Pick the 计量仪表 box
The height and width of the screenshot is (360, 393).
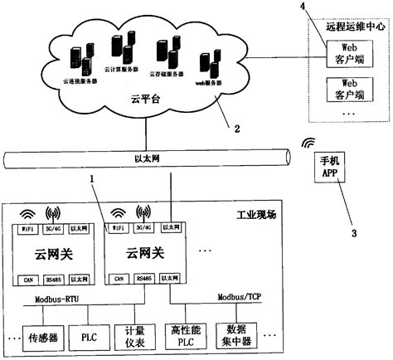coord(134,337)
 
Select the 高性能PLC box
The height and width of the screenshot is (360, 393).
coord(187,337)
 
